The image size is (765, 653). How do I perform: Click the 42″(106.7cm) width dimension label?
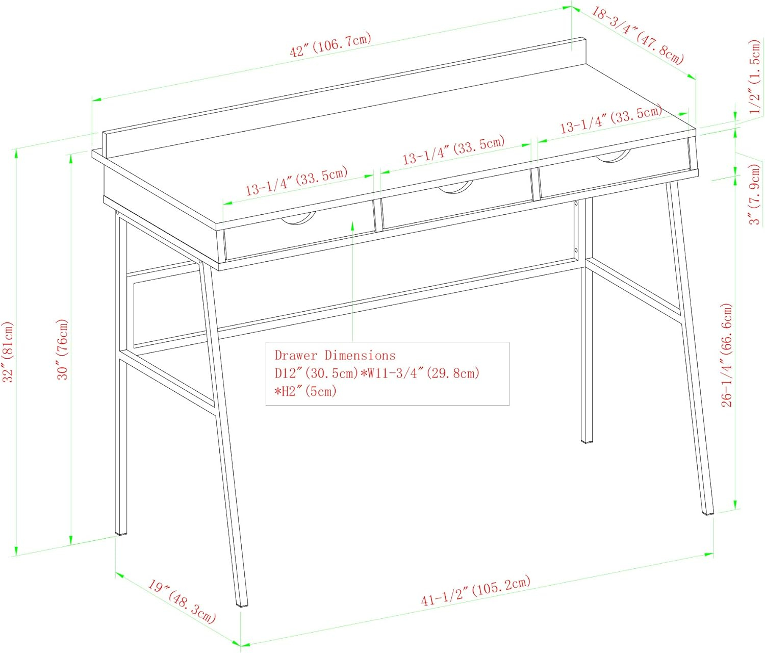[330, 45]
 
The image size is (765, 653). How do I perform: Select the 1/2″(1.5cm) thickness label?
[755, 76]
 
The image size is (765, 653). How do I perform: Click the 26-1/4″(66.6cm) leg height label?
[726, 355]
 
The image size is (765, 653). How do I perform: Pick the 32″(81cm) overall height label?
[8, 351]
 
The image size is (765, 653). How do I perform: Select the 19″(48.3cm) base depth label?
[182, 601]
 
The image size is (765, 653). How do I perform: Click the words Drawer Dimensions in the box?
[335, 356]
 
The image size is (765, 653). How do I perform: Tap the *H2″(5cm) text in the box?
[305, 391]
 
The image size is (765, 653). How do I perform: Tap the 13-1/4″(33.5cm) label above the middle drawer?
[453, 149]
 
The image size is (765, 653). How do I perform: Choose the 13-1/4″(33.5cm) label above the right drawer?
[610, 119]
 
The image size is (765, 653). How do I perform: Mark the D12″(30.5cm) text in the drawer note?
[317, 373]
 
